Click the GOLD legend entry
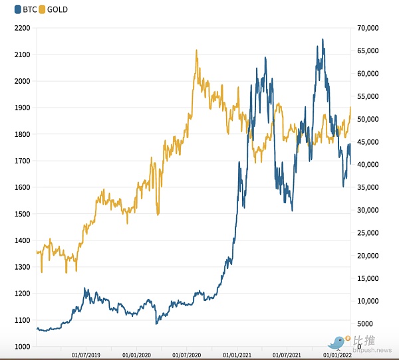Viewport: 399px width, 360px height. [x=53, y=10]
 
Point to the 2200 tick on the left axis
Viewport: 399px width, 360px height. [x=22, y=28]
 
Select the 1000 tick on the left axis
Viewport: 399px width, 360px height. [x=22, y=347]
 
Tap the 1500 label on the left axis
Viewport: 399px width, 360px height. [x=22, y=214]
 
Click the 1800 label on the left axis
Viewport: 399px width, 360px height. [x=22, y=134]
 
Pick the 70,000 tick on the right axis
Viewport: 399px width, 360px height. [x=368, y=28]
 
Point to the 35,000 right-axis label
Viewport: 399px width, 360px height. [x=368, y=187]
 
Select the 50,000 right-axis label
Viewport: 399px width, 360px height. [x=368, y=119]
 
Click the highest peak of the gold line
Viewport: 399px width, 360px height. [x=196, y=50]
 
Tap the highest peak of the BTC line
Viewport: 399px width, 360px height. [x=323, y=40]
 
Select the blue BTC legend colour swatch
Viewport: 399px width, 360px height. [x=7, y=10]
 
